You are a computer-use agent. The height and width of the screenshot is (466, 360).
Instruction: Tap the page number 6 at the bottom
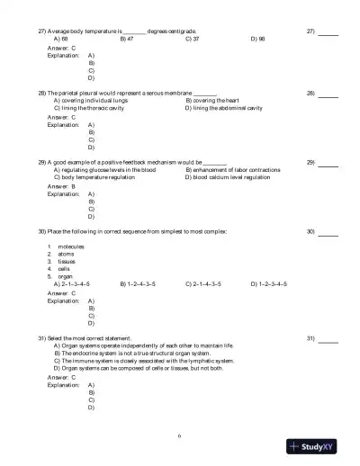coord(180,435)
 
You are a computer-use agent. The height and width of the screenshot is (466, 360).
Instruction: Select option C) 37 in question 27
coord(192,40)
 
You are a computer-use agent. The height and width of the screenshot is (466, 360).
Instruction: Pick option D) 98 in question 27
coord(256,40)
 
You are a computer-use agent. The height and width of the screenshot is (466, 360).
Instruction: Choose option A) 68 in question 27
coord(60,40)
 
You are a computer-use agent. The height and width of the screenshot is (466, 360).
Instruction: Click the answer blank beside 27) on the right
coord(328,32)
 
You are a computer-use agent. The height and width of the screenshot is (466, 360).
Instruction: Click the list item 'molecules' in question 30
coord(70,246)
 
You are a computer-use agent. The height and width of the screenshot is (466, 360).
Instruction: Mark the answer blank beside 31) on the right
coord(328,338)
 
